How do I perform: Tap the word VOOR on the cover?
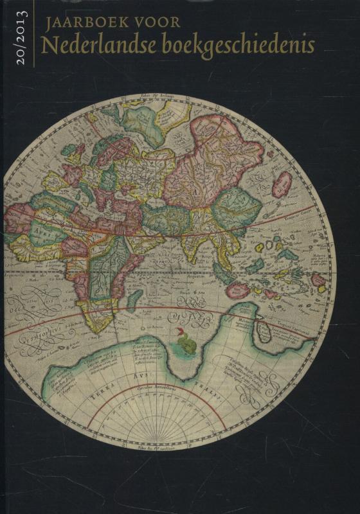point(157,24)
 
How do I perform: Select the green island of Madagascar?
point(134,299)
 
